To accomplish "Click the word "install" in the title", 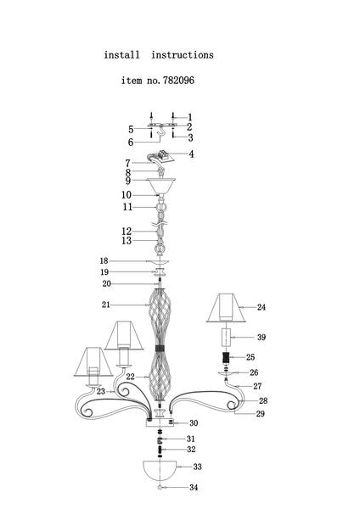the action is tap(122, 55).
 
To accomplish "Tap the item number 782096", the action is tap(178, 81).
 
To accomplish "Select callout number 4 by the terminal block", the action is tap(191, 154).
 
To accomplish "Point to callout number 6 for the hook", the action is tap(131, 143).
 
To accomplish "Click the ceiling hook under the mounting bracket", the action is tap(161, 134).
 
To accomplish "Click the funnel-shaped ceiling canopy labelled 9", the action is tap(160, 185).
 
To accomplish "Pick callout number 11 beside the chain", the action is tap(127, 207).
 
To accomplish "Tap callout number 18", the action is tap(104, 260).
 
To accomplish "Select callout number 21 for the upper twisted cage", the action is tap(106, 305).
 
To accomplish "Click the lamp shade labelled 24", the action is tap(226, 308).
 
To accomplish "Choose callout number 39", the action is tap(262, 338).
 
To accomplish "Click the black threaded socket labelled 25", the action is tap(226, 357).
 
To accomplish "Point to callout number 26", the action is tap(254, 372).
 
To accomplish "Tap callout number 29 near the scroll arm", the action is tap(261, 414).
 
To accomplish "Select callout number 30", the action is tap(194, 423).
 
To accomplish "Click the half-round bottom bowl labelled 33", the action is tap(160, 470).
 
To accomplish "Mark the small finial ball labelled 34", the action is tap(160, 487).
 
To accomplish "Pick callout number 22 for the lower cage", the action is tap(130, 377).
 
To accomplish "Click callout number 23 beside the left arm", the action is tap(101, 391).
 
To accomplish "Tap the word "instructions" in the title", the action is tap(183, 55).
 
